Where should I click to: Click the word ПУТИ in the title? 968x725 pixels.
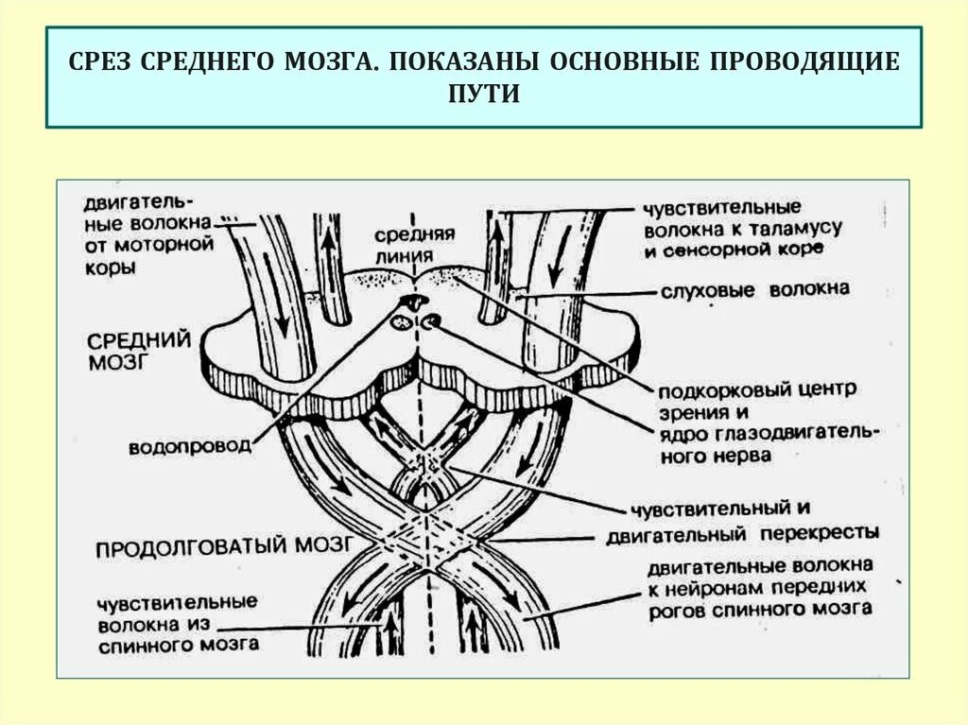point(483,95)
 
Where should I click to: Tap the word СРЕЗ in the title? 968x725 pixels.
point(101,63)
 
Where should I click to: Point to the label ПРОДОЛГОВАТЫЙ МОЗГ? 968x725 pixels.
point(224,545)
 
